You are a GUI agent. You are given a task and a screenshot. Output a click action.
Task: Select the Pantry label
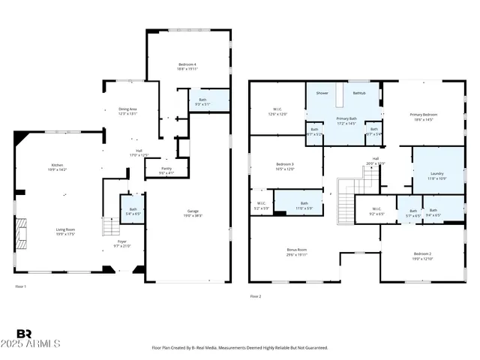tap(167, 169)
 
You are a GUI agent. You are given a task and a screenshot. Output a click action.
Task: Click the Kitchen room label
tap(57, 166)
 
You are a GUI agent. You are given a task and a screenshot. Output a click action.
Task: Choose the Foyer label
tap(121, 242)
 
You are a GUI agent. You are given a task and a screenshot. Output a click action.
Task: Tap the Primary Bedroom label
tap(423, 115)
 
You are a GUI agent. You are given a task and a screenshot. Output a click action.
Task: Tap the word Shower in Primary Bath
tap(322, 93)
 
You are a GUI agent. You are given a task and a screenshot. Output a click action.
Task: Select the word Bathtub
tap(359, 93)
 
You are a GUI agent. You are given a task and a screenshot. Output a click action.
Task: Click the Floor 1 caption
tap(21, 286)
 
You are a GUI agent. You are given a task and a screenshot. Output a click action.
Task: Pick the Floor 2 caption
tap(256, 296)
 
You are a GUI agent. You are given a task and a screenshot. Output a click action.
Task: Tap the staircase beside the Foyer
tap(109, 226)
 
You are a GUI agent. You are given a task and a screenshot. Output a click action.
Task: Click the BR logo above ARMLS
tap(24, 334)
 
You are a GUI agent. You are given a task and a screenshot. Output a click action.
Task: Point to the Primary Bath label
tap(345, 119)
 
